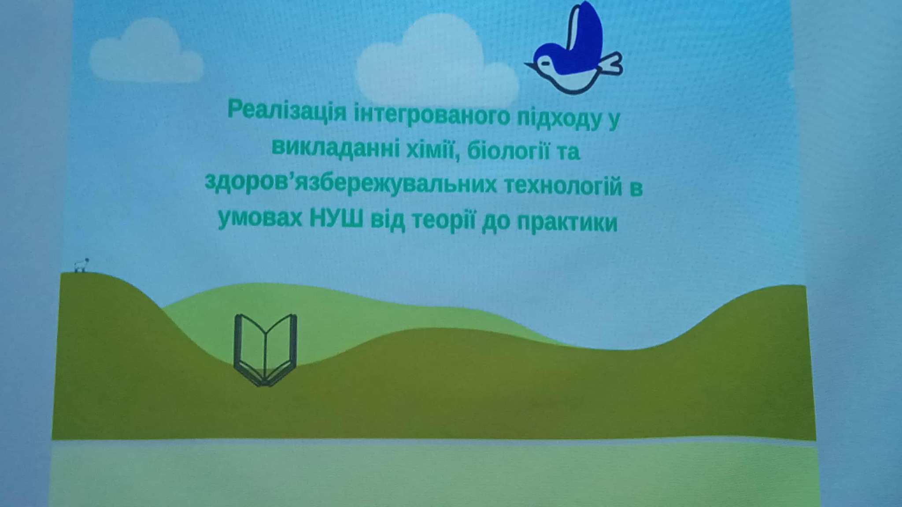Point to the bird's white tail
(610, 64)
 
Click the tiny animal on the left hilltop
(81, 265)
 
